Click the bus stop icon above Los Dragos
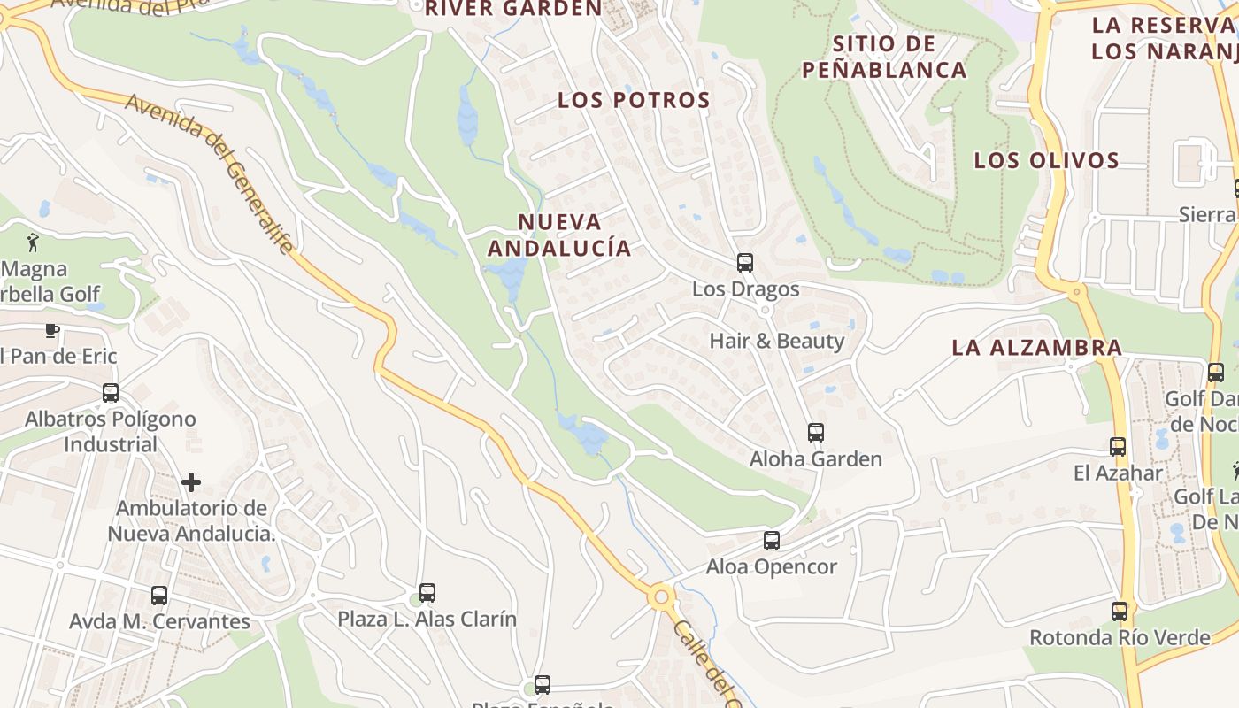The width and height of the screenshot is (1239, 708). (745, 263)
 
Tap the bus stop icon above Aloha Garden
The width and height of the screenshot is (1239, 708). (816, 433)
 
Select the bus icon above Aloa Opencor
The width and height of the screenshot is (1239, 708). (772, 541)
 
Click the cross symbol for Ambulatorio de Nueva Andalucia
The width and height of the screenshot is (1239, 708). (191, 482)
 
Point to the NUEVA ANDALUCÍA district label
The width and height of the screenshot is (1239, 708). (559, 235)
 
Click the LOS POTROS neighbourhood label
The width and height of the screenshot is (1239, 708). (634, 101)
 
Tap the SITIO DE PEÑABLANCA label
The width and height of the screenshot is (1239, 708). (884, 57)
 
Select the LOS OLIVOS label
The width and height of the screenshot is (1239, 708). (1047, 161)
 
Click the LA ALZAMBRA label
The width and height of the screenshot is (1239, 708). (1037, 348)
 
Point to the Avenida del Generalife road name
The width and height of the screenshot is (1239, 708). (210, 173)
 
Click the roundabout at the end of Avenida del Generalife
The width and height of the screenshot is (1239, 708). (660, 597)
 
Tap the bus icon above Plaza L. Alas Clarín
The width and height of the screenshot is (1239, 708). (427, 593)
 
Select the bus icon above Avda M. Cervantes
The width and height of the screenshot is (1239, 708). (159, 596)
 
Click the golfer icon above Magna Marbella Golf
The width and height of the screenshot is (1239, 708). (34, 242)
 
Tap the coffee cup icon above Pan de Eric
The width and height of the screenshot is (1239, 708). (52, 331)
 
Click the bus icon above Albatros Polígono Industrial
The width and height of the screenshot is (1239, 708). (111, 393)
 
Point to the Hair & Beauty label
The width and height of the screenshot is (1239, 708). (777, 341)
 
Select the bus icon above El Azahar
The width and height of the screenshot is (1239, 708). (1118, 447)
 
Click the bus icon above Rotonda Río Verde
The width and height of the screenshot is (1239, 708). (1120, 612)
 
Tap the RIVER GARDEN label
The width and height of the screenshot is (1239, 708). (513, 9)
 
